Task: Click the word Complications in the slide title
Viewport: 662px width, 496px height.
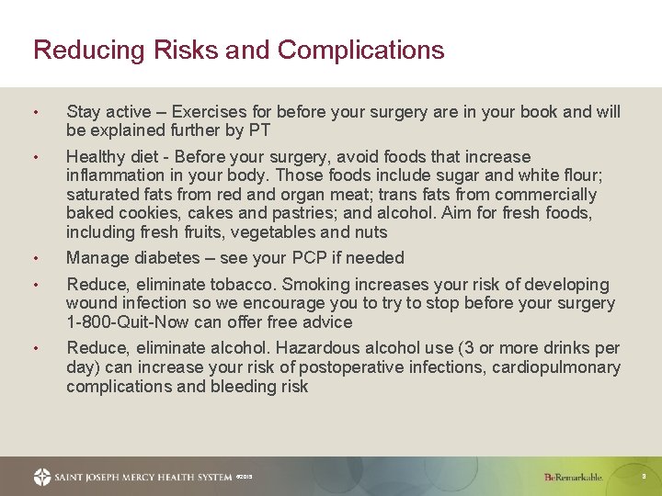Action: (x=360, y=50)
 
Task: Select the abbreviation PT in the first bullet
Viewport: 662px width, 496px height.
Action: (x=258, y=130)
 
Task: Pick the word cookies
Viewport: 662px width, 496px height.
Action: (x=135, y=213)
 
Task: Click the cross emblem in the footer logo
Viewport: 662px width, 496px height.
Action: (x=42, y=477)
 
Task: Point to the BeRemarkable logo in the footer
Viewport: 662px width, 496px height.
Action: (x=573, y=477)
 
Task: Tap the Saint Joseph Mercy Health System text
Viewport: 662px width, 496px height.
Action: (x=143, y=477)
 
